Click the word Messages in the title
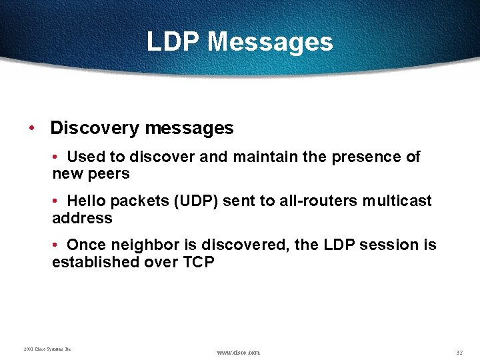(270, 42)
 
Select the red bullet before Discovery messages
(32, 127)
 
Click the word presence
(365, 157)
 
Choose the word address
(82, 218)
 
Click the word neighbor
(135, 245)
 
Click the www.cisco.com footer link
(239, 351)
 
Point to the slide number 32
(459, 351)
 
